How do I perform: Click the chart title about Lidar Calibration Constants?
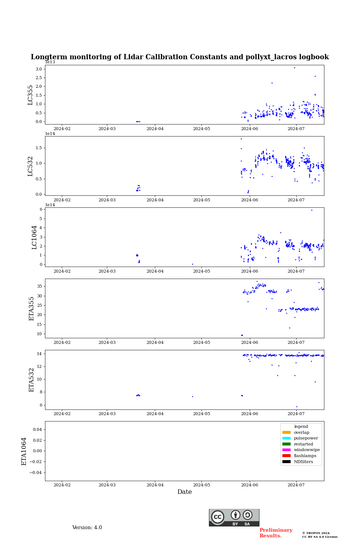coord(180,57)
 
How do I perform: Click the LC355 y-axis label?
coord(30,95)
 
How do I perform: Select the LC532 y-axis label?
coord(30,166)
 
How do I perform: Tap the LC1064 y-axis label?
coord(34,237)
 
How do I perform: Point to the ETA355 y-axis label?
coord(31,309)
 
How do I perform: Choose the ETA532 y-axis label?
coord(31,380)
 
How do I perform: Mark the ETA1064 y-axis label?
coord(24,451)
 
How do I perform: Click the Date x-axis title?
coord(184,492)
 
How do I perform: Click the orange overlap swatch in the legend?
coord(286,432)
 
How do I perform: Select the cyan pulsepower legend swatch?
coord(286,438)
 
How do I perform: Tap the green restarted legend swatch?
coord(286,444)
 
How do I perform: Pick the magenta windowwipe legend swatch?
coord(286,450)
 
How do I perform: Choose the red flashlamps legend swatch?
coord(286,456)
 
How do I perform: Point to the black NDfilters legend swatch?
coord(286,462)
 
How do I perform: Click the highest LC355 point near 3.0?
coord(294,67)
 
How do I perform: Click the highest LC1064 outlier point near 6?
coord(312,210)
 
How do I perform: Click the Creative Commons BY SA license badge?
coord(234,517)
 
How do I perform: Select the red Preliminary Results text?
coord(276,533)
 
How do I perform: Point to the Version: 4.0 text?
coord(87,528)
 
